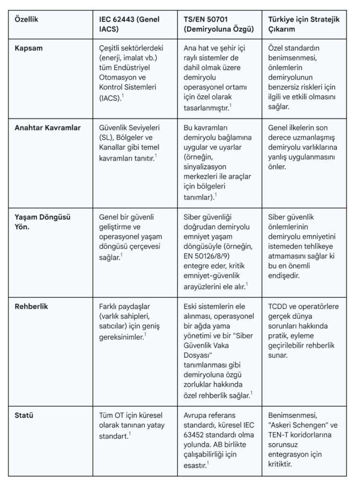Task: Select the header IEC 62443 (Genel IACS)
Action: tap(129, 24)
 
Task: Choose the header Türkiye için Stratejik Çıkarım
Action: tap(304, 24)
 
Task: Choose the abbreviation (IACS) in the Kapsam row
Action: tap(110, 98)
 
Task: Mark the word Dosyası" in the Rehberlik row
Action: tap(199, 356)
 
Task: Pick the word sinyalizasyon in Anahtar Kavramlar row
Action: tap(204, 167)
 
